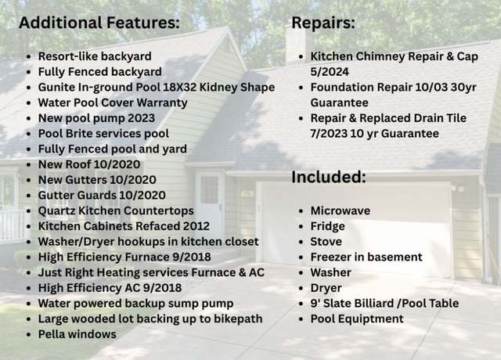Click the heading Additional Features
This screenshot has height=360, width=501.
[99, 23]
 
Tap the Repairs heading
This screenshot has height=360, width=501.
[323, 23]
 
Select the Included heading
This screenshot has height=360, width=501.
[329, 177]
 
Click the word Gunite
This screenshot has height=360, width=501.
[57, 87]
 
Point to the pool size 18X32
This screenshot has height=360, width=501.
[179, 87]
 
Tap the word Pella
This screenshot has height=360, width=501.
[52, 334]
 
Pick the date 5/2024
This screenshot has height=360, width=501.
[330, 72]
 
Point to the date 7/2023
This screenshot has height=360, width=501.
[329, 134]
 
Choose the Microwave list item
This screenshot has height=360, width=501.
[341, 211]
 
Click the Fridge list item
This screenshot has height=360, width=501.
[327, 226]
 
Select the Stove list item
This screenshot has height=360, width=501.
[326, 242]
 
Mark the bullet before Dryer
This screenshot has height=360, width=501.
[301, 289]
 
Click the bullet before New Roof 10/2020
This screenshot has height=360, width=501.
[29, 165]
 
